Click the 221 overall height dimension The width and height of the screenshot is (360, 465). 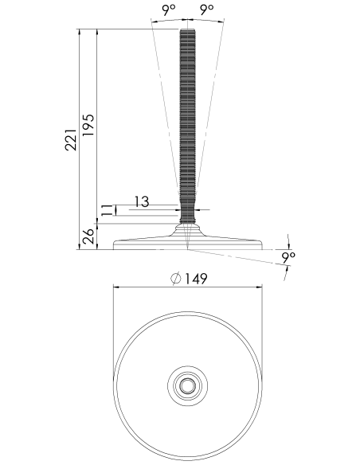click(x=71, y=139)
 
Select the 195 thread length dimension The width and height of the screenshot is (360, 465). click(x=88, y=125)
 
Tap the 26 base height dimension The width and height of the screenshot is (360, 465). click(x=88, y=236)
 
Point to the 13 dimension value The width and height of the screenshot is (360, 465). click(x=142, y=201)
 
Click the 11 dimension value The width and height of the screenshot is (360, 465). click(x=106, y=210)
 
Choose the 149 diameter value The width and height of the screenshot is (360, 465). click(x=196, y=279)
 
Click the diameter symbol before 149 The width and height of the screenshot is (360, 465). click(x=176, y=279)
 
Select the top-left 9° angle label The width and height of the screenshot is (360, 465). click(x=168, y=10)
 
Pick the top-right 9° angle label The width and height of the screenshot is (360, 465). click(x=207, y=10)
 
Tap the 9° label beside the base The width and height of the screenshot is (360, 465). click(x=288, y=258)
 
